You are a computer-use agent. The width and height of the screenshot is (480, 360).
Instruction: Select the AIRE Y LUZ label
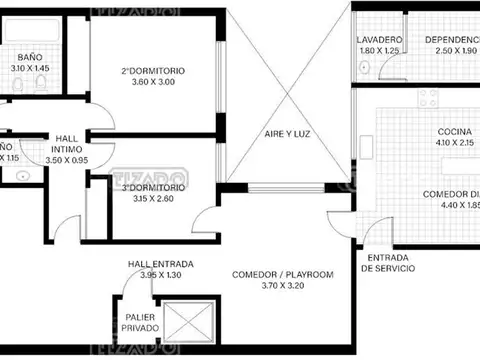tap(286, 133)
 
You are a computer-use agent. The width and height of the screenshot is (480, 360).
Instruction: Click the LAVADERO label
tap(378, 39)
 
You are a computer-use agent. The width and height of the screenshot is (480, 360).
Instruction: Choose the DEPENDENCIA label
tap(451, 39)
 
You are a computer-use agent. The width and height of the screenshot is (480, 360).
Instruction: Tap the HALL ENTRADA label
tap(160, 264)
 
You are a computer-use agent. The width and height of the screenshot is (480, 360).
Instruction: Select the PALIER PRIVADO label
tap(141, 322)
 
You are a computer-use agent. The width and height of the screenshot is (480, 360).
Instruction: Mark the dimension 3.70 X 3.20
tap(282, 287)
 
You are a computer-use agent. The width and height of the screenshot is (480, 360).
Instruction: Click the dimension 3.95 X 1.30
tap(160, 275)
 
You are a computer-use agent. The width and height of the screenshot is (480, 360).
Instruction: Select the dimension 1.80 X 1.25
tap(378, 50)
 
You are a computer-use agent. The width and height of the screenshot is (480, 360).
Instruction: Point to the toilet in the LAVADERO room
tap(366, 69)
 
